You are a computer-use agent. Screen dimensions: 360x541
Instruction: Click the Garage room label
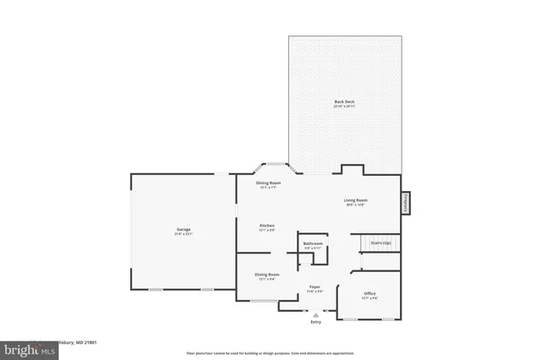[x=183, y=229]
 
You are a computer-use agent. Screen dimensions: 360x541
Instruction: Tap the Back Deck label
[x=343, y=102]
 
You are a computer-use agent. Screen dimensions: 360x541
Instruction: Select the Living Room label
[x=355, y=200]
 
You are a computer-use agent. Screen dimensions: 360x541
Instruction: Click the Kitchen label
[x=267, y=226]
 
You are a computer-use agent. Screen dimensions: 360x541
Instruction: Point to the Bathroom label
[x=313, y=243]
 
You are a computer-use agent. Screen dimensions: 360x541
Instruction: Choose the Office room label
[x=369, y=292]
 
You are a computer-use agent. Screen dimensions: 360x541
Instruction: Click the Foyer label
[x=314, y=286]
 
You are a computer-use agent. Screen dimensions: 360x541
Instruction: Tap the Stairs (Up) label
[x=381, y=243]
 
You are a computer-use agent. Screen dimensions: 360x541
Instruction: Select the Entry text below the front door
[x=315, y=322]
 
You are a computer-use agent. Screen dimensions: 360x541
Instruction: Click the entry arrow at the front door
[x=315, y=314]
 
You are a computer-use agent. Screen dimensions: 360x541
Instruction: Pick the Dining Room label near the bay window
[x=269, y=183]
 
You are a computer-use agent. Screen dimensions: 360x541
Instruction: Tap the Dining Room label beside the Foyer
[x=267, y=274]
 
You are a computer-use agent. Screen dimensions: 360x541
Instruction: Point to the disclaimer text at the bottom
[x=270, y=352]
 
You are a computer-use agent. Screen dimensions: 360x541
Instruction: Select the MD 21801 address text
[x=74, y=342]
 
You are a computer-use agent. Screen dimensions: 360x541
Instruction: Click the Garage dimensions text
[x=183, y=234]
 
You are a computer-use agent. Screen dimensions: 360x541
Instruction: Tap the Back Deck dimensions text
[x=343, y=107]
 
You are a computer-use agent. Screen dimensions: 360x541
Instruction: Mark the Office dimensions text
[x=369, y=297]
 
